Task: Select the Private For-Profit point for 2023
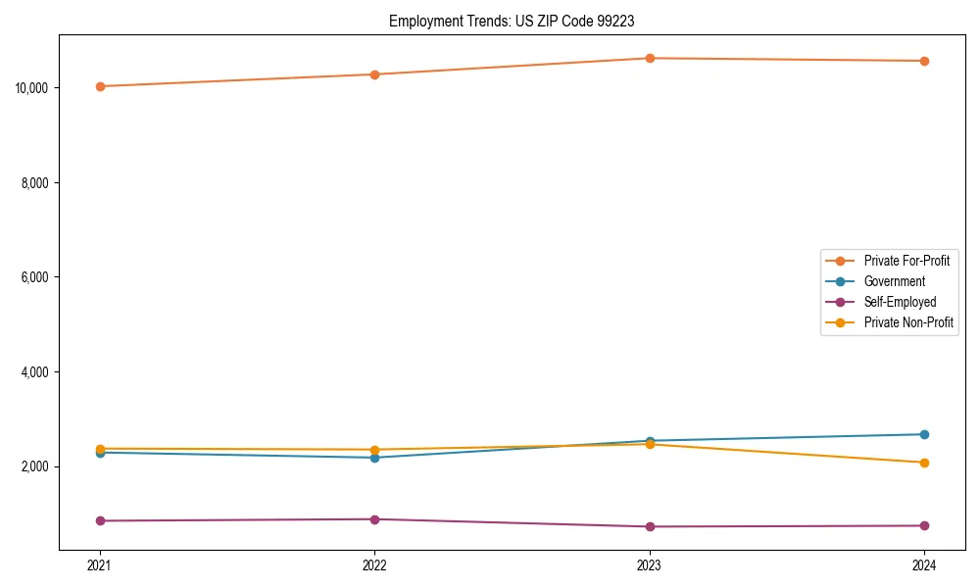point(650,58)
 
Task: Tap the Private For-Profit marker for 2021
point(100,86)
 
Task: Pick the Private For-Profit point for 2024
point(924,61)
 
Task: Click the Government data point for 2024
point(924,434)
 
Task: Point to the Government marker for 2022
point(374,458)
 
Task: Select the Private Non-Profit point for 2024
point(924,463)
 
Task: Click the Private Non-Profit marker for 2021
point(100,449)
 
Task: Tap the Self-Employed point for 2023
point(650,526)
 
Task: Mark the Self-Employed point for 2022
point(374,519)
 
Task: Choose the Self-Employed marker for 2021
point(100,520)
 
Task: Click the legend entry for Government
point(894,281)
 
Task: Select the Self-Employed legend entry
point(900,302)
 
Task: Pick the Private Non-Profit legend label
point(908,322)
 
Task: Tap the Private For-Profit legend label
point(906,261)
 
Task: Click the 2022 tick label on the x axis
point(374,564)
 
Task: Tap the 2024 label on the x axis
point(924,564)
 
